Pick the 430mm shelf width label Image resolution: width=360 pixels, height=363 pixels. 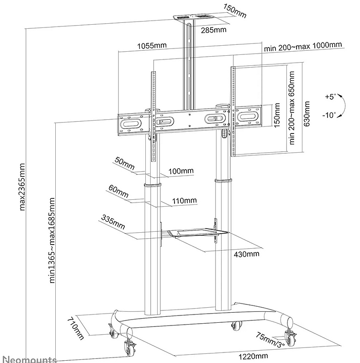(247, 254)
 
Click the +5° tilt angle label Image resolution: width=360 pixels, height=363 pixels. (330, 96)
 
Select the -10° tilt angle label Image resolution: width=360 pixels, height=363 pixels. (328, 115)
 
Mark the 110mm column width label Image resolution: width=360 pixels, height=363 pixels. (184, 200)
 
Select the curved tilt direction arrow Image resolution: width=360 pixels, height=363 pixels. (342, 106)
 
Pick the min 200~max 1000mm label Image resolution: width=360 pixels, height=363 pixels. (302, 45)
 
